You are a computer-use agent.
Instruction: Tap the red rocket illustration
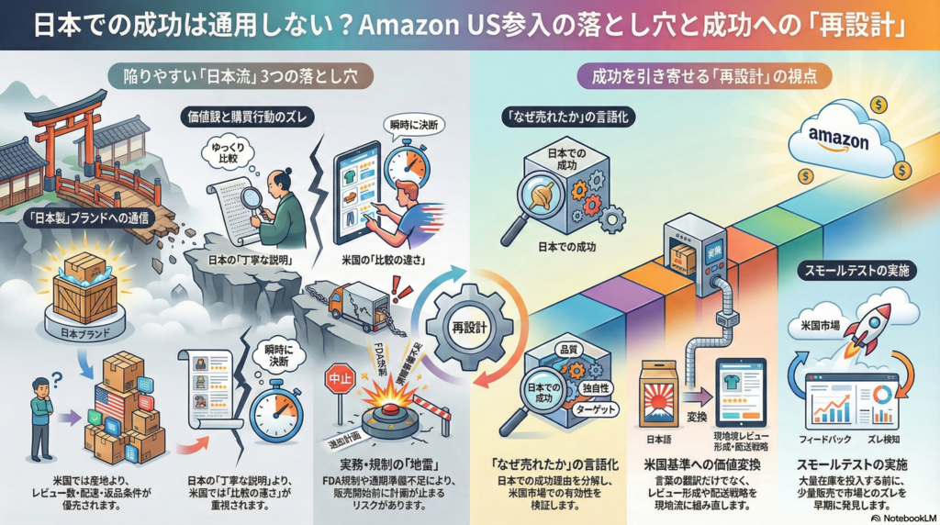click(870, 328)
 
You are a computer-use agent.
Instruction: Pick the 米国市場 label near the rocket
click(811, 322)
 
